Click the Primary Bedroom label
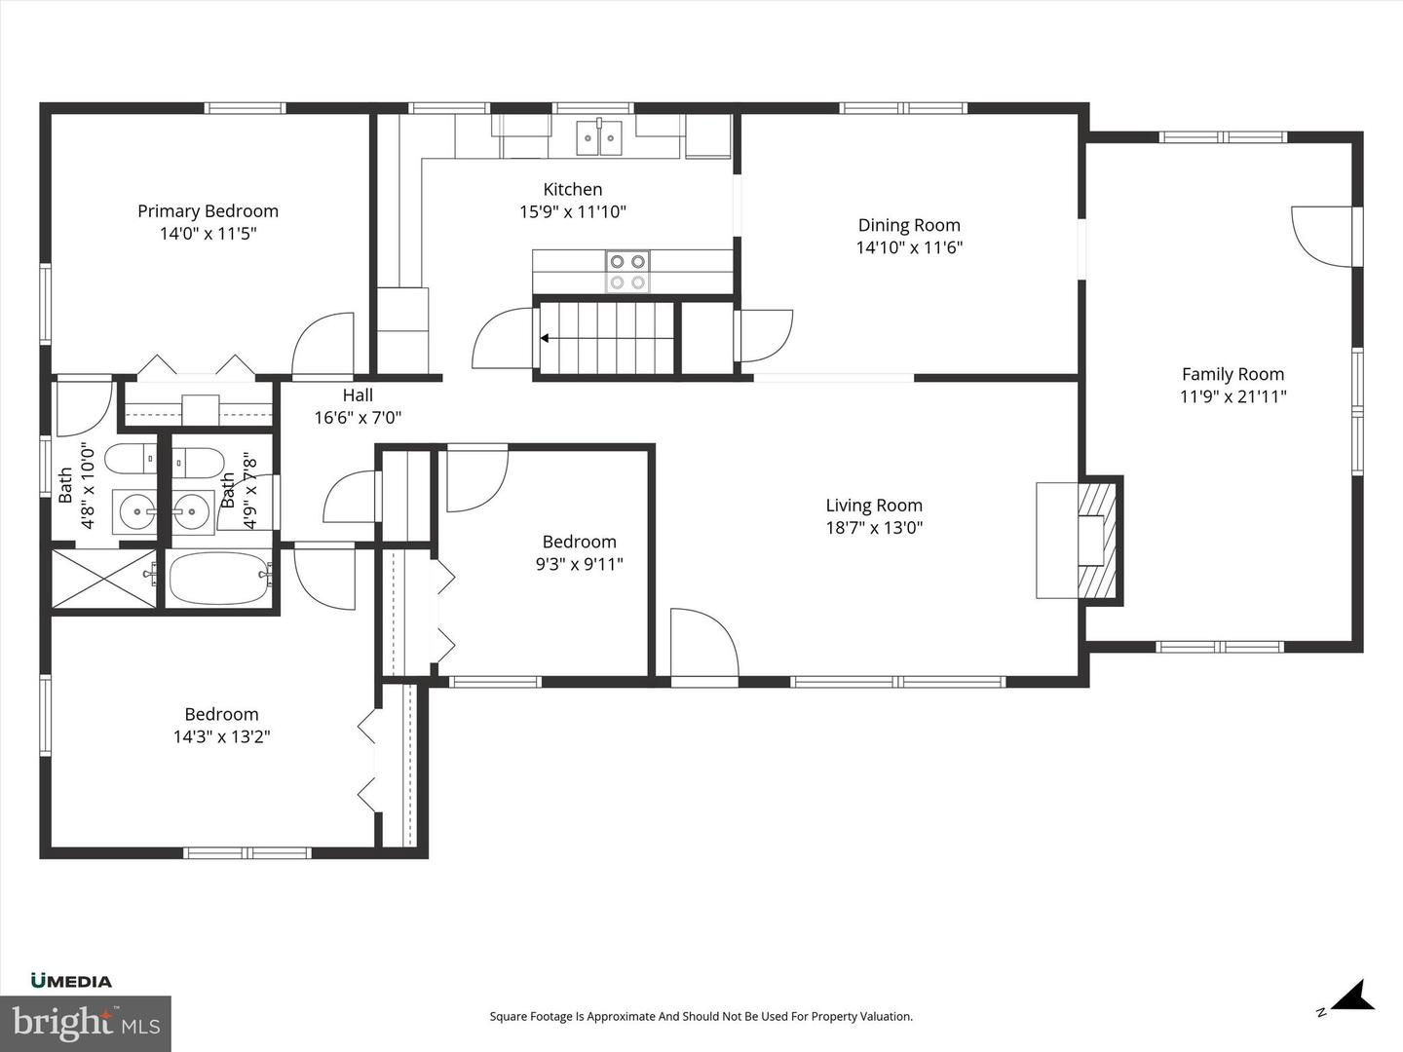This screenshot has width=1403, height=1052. pyautogui.click(x=208, y=211)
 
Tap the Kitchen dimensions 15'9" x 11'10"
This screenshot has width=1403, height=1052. pyautogui.click(x=572, y=211)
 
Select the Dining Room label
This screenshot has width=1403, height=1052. pyautogui.click(x=909, y=225)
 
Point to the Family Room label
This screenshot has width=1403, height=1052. pyautogui.click(x=1232, y=374)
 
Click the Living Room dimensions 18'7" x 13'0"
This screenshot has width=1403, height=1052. pyautogui.click(x=874, y=528)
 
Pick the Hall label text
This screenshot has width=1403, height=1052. pyautogui.click(x=358, y=395)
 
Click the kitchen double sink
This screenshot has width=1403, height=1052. pyautogui.click(x=599, y=137)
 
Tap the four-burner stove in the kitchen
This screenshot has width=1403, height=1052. pyautogui.click(x=627, y=271)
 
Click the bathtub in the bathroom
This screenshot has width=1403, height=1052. pyautogui.click(x=220, y=579)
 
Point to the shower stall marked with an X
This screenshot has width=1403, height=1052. pyautogui.click(x=102, y=580)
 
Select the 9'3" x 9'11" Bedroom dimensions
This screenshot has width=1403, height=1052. pyautogui.click(x=579, y=564)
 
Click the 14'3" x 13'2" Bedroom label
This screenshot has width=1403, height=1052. pyautogui.click(x=221, y=715)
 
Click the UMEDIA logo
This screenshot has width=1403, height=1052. pyautogui.click(x=71, y=981)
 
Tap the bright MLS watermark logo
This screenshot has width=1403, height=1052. pyautogui.click(x=85, y=1023)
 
